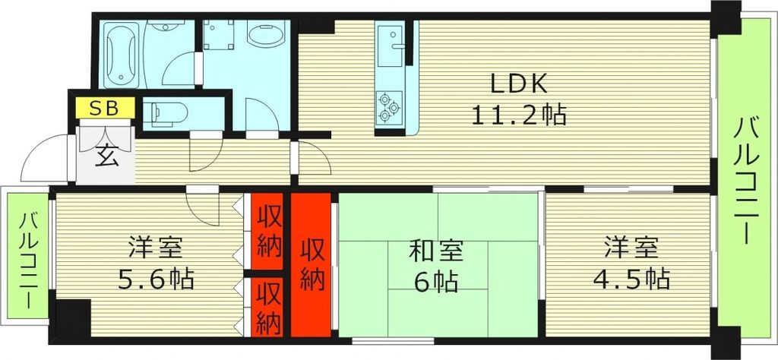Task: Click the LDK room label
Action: coord(518,82)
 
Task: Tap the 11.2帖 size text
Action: coord(518,115)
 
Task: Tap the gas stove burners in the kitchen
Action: coord(390,106)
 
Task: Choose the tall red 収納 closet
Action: coord(312,264)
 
